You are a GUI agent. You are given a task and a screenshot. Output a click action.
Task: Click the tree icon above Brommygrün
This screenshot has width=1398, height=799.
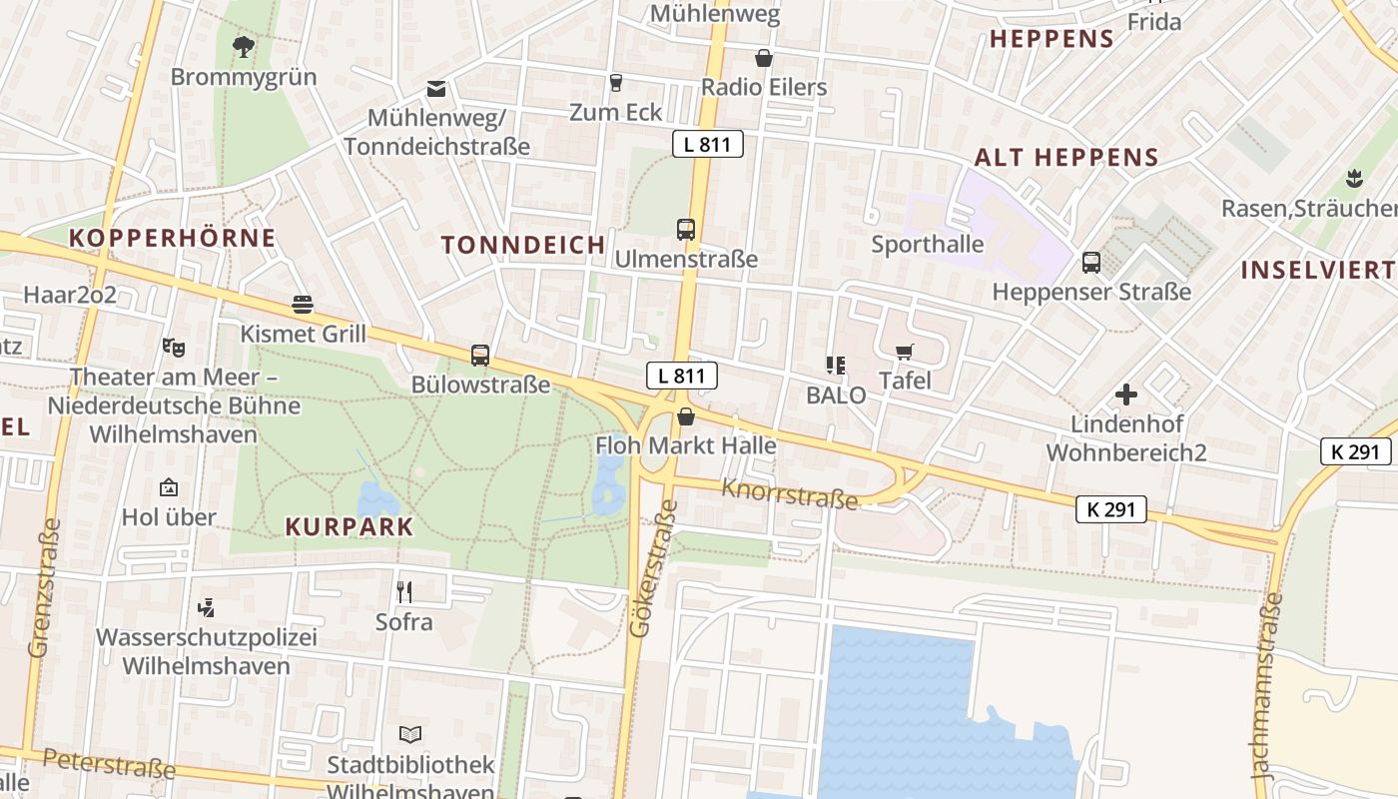click(243, 45)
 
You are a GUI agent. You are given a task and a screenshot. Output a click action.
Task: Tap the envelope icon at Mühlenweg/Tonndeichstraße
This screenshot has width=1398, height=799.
click(436, 89)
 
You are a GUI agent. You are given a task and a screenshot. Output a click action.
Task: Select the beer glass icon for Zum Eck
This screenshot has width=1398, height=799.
click(615, 82)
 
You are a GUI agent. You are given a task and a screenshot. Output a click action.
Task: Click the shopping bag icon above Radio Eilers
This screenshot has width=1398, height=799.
click(764, 58)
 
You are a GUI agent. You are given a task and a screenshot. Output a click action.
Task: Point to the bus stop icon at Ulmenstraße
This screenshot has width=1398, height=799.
click(686, 229)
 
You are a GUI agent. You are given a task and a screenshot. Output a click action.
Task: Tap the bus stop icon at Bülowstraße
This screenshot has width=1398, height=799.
click(480, 355)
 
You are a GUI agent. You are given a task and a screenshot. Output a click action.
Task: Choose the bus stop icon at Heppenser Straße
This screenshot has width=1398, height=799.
click(1091, 263)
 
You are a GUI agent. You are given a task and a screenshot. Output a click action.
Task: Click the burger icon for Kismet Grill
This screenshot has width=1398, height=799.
click(303, 305)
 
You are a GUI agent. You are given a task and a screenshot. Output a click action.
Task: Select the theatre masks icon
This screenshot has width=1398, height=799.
click(174, 348)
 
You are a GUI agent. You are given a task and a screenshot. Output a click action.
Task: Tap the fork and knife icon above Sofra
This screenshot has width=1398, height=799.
click(404, 591)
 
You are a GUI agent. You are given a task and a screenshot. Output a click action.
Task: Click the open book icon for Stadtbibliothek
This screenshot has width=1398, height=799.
click(410, 735)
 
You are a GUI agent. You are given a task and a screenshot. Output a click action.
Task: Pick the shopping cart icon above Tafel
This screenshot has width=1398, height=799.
click(905, 352)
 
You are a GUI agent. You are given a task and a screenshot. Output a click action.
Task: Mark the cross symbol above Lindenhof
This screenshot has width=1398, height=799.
click(1126, 395)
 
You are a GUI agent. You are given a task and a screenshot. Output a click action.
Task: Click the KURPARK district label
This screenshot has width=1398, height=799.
click(349, 526)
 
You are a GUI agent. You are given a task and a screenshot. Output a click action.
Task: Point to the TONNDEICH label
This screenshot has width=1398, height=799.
click(523, 245)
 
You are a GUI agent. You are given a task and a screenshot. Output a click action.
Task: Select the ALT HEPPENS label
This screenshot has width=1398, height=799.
click(1066, 157)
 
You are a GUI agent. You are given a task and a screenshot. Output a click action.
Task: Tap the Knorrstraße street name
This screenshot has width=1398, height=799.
click(790, 492)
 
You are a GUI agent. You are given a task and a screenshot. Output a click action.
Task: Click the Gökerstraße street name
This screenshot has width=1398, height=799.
click(652, 569)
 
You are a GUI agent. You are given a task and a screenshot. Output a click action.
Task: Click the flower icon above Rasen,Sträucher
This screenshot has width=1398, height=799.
click(1354, 179)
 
